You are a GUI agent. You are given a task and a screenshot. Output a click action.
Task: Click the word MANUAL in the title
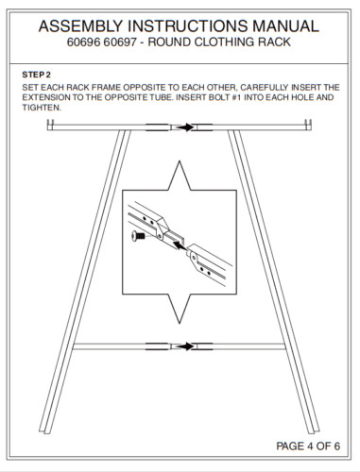[x=285, y=25]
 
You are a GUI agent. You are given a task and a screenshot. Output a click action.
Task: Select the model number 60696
[x=84, y=42]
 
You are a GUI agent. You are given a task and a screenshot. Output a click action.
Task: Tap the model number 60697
[x=120, y=42]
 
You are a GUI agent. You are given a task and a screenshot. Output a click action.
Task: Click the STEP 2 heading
[x=36, y=75]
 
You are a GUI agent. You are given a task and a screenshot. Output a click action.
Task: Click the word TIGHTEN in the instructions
[x=41, y=108]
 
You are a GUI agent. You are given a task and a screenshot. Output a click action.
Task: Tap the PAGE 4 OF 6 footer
[x=308, y=446]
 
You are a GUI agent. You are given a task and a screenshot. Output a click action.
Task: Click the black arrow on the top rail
[x=184, y=127]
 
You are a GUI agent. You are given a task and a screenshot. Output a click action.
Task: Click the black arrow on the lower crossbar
[x=184, y=346]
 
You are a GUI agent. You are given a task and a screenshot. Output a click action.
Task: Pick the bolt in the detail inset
[x=138, y=236]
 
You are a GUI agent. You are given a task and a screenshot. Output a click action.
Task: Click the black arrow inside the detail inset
[x=180, y=244]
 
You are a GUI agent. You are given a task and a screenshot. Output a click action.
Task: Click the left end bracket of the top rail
[x=50, y=125]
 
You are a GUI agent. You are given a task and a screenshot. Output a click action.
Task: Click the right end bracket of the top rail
[x=308, y=125]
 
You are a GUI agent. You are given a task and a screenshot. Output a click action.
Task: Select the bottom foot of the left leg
[x=44, y=430]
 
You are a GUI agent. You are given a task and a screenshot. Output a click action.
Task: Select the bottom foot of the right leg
[x=314, y=430]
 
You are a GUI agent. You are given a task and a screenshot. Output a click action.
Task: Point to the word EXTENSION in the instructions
[x=46, y=97]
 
